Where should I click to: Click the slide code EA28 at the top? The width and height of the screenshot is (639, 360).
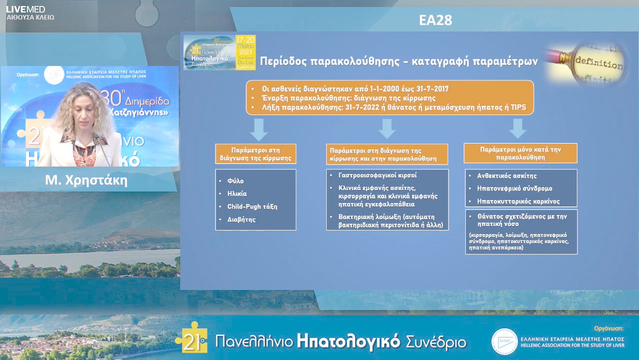435,20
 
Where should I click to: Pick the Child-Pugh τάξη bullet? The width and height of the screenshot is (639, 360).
251,207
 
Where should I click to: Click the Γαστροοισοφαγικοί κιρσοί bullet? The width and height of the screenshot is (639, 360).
377,176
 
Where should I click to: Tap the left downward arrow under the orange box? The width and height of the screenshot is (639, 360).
258,128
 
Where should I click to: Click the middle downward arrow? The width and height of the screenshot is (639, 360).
387,128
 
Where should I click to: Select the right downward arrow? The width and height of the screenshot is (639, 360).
518,128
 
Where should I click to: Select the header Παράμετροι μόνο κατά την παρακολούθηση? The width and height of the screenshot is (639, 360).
520,154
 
